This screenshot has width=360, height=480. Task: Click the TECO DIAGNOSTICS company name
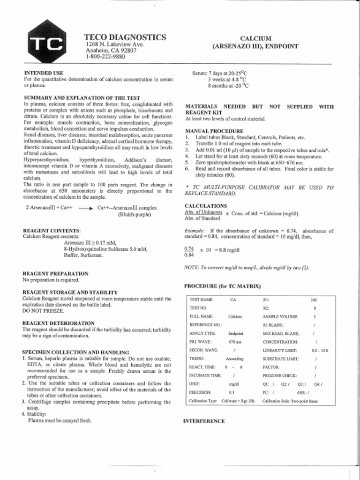point(125,37)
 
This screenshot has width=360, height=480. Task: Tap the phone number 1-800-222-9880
point(105,57)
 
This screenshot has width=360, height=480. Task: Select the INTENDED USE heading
point(44,73)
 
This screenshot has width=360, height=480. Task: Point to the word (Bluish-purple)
point(135,215)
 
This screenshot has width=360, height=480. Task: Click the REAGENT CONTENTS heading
point(52,231)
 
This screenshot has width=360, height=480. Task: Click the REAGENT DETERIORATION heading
point(58,323)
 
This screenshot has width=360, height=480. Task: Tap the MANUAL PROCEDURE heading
point(214,131)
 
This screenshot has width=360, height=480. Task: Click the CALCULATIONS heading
point(206,206)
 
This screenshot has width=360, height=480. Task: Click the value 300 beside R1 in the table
point(314,299)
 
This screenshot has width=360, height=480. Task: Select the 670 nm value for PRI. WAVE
point(235,342)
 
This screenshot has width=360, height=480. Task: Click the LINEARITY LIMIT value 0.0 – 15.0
point(320,350)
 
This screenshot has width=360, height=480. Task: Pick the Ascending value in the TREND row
point(235,359)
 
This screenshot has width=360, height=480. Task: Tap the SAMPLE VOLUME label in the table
point(280,316)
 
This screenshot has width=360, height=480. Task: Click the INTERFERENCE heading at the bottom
point(204,421)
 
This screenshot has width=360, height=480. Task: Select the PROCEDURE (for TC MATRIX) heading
point(222,285)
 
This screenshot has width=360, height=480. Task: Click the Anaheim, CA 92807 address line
point(111,51)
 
